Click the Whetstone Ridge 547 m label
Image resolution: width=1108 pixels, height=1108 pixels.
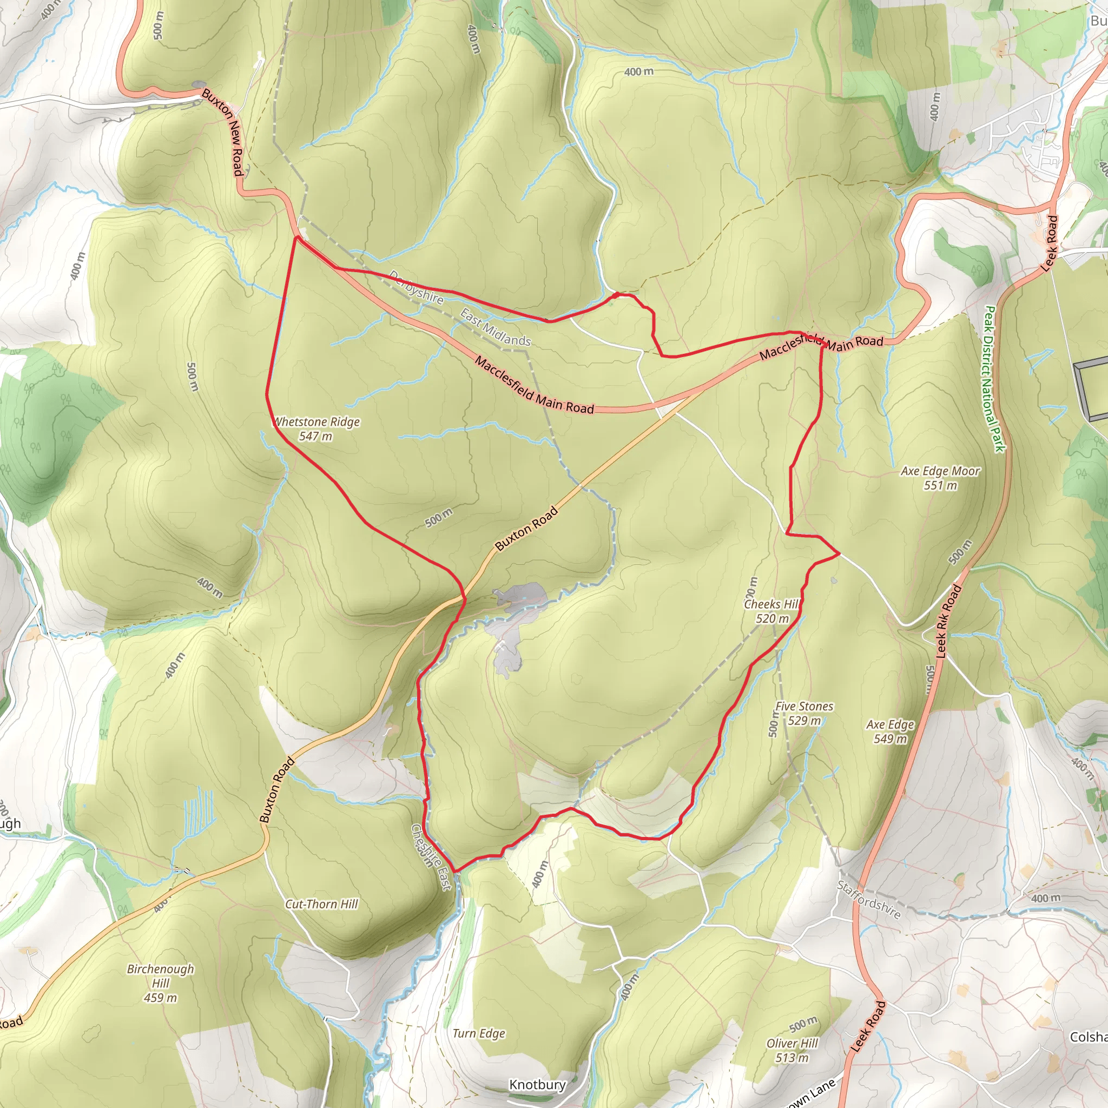316,428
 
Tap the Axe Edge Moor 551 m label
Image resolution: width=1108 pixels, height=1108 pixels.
940,478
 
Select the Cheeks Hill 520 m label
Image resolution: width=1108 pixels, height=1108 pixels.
772,611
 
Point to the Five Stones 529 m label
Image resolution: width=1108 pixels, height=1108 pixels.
804,714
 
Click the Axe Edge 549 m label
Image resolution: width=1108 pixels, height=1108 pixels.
890,731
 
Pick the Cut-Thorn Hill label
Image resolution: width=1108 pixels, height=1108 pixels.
321,905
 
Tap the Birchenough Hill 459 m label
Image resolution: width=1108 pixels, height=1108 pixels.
161,983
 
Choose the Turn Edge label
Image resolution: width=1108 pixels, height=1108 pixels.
479,1033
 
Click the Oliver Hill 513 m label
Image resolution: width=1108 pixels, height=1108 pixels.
792,1050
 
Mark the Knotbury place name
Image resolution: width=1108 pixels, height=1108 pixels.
537,1085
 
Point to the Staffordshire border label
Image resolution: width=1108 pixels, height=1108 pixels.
868,899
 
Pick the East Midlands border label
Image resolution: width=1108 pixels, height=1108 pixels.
496,327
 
